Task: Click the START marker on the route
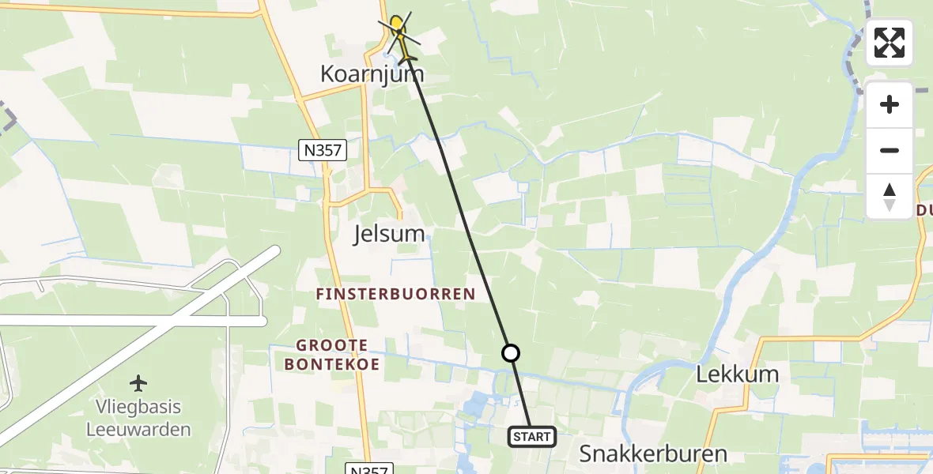click(x=532, y=437)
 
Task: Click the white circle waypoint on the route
click(x=512, y=353)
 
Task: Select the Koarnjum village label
click(x=372, y=74)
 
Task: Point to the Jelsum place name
click(x=388, y=233)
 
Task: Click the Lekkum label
click(x=737, y=374)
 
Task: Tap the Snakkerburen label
click(x=653, y=453)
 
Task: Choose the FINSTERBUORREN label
click(x=395, y=295)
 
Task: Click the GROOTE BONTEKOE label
click(x=333, y=355)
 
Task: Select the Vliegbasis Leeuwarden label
click(x=139, y=419)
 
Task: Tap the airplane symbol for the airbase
click(x=139, y=384)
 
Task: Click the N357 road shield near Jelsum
click(x=323, y=150)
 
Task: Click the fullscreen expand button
click(x=890, y=43)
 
